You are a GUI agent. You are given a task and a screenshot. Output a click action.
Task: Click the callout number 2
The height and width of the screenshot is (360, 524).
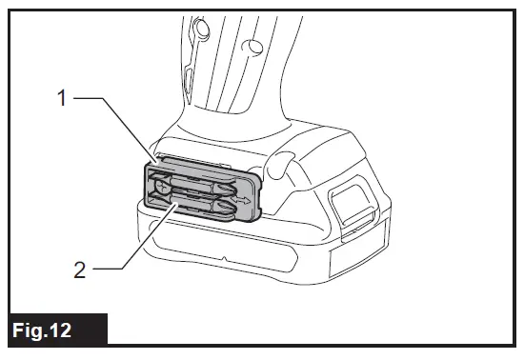coord(81,270)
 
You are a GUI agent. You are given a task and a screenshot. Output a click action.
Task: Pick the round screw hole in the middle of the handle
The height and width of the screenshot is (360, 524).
coord(250,47)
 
